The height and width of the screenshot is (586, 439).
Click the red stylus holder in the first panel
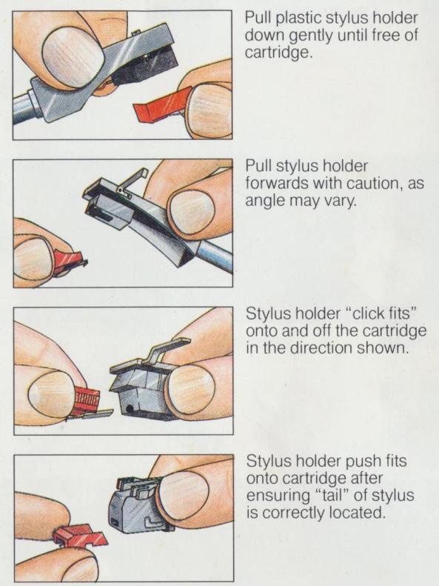coord(160,105)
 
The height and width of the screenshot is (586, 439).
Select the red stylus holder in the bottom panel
coord(79,535)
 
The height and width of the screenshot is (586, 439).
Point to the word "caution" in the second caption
coord(373,184)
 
